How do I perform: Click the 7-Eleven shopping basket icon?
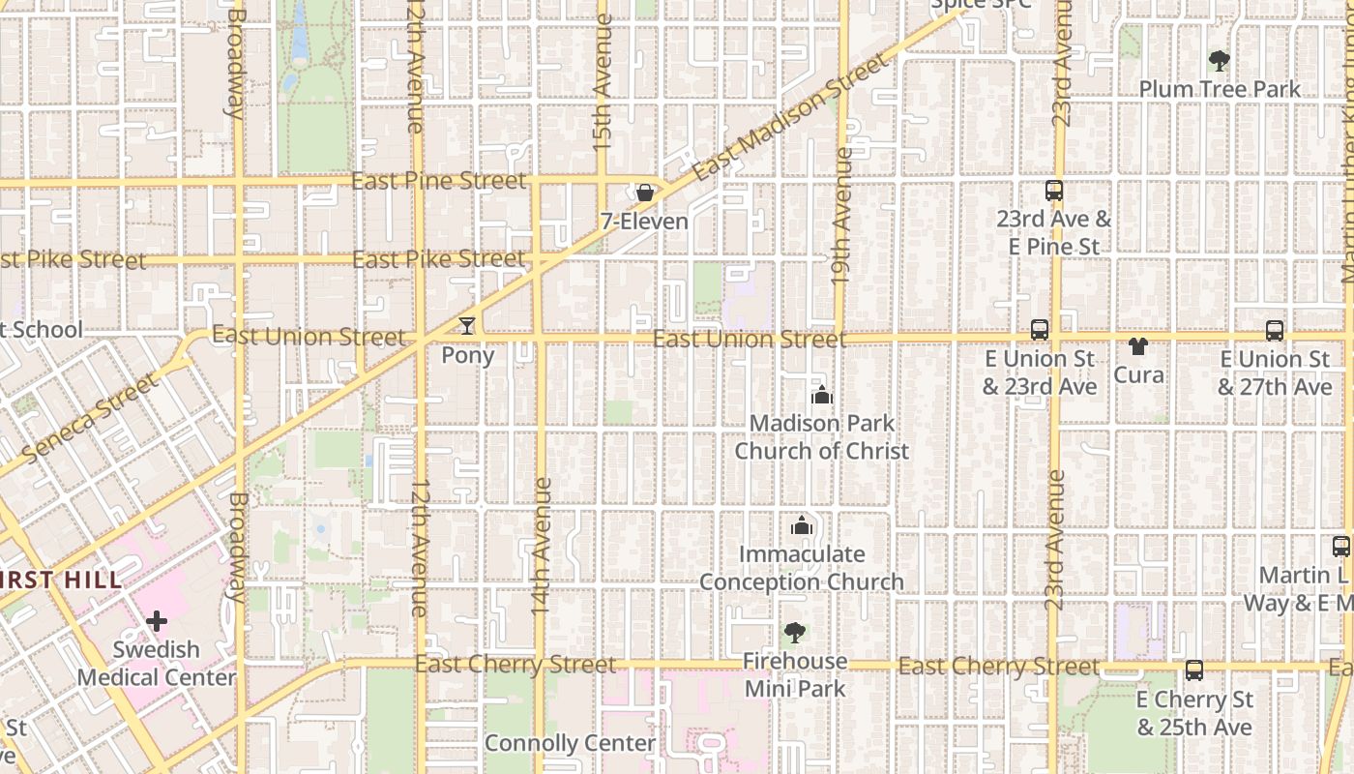(x=645, y=193)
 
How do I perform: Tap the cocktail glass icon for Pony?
(x=467, y=326)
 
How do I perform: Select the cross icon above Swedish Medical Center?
(x=157, y=620)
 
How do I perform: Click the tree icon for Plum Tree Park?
(x=1220, y=61)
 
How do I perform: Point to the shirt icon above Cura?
(x=1138, y=345)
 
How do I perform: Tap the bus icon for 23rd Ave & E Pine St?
(x=1054, y=191)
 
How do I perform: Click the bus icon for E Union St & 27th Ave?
(x=1275, y=330)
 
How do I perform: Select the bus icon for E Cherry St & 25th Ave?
(x=1194, y=670)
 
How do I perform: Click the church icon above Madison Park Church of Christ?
(x=822, y=395)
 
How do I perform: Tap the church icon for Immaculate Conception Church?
(x=801, y=526)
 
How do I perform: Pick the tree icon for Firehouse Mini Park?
(x=794, y=633)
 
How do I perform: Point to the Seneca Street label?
(x=89, y=418)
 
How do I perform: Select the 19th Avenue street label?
(x=841, y=215)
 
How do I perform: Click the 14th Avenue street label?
(x=542, y=548)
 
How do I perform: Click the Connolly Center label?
(x=570, y=743)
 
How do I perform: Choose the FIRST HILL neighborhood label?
(x=60, y=580)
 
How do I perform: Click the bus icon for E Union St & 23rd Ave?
(x=1040, y=330)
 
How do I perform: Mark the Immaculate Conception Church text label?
(x=801, y=568)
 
